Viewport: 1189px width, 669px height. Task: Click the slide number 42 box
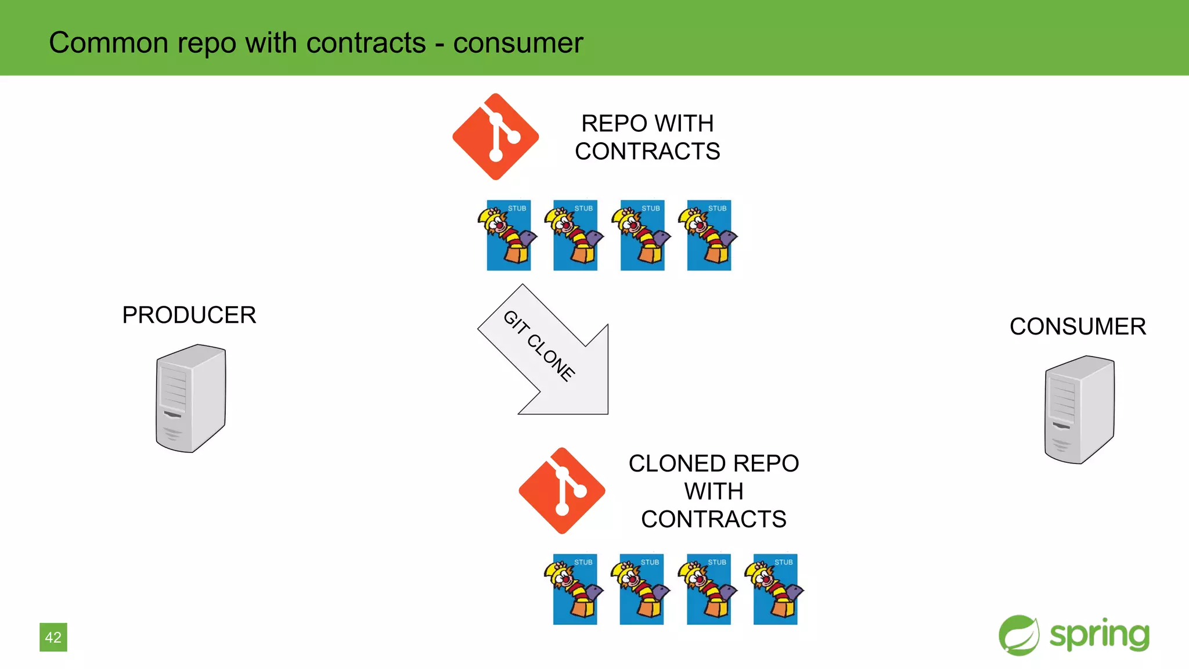pyautogui.click(x=53, y=637)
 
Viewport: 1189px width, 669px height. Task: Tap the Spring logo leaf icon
pyautogui.click(x=1019, y=635)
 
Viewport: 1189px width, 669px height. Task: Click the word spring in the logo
pyautogui.click(x=1100, y=635)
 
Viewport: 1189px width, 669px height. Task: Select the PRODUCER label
pyautogui.click(x=189, y=315)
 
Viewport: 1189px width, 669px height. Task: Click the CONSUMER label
pyautogui.click(x=1078, y=326)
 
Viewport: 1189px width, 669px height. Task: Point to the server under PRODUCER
pyautogui.click(x=190, y=398)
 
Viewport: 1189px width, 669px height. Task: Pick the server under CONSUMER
pyautogui.click(x=1079, y=409)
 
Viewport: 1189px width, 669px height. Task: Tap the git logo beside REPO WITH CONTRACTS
pyautogui.click(x=495, y=137)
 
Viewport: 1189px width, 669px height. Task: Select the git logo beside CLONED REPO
pyautogui.click(x=561, y=491)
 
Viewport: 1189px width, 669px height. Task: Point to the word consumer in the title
pyautogui.click(x=518, y=43)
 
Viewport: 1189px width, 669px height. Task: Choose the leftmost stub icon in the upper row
pyautogui.click(x=507, y=235)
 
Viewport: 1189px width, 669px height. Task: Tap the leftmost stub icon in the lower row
pyautogui.click(x=574, y=589)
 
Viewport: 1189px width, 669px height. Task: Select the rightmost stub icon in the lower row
pyautogui.click(x=775, y=589)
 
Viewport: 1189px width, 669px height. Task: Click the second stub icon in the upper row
pyautogui.click(x=575, y=235)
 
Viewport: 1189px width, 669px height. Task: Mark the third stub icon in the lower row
pyautogui.click(x=708, y=589)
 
